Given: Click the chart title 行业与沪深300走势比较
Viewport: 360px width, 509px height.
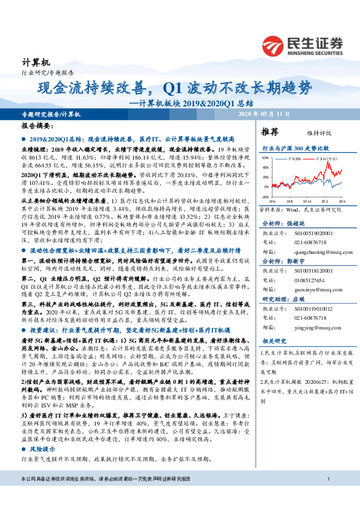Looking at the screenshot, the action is (295, 148).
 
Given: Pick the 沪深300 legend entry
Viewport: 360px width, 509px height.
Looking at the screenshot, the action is (293, 157).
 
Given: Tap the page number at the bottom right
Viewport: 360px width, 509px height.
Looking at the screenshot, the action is (327, 497).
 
